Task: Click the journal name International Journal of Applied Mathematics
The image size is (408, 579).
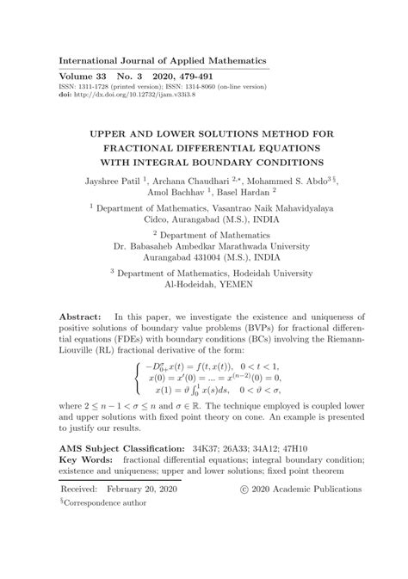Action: pos(162,61)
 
